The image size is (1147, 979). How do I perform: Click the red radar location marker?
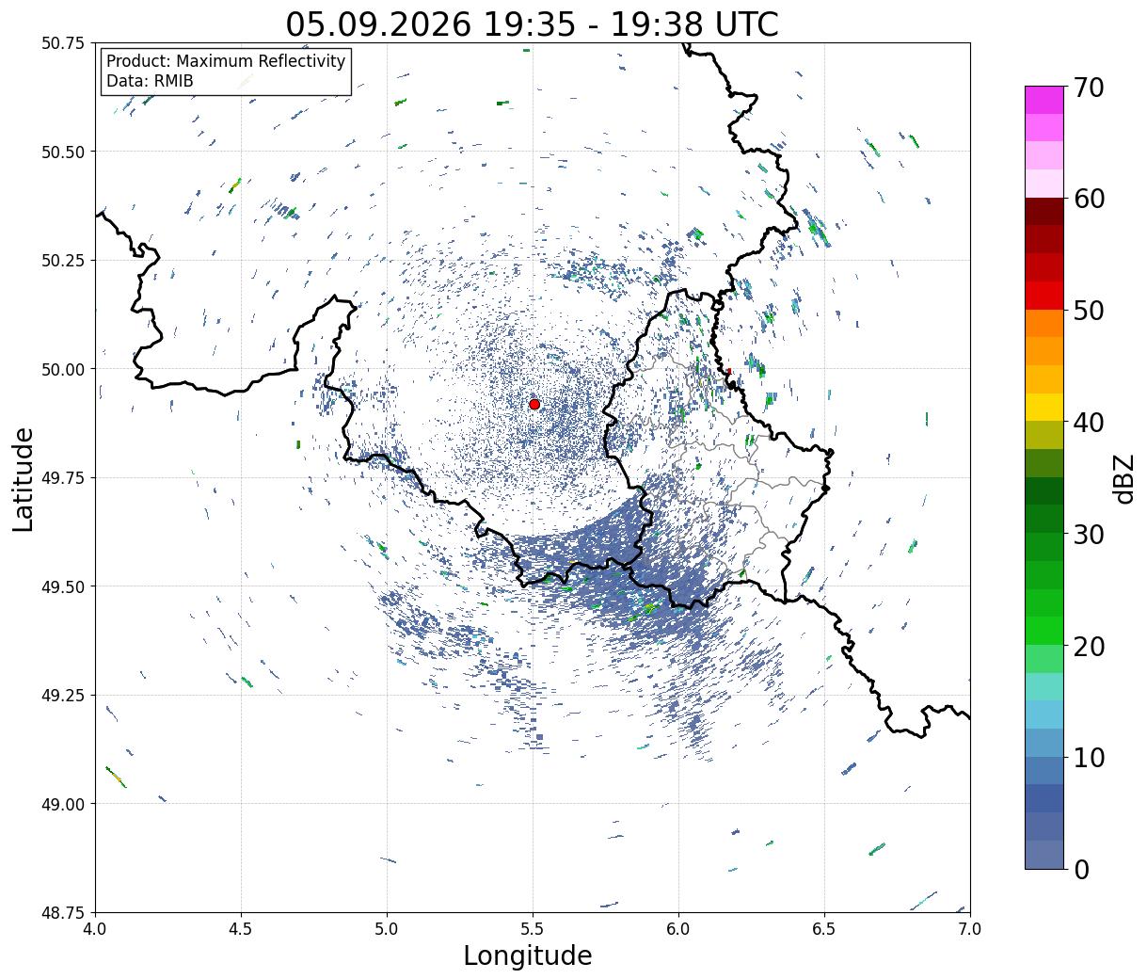(534, 404)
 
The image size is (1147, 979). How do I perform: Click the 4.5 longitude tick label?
(241, 929)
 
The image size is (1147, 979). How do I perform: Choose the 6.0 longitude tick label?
(678, 929)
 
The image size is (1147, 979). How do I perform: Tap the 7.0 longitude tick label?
(970, 929)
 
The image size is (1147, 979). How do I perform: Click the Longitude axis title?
(528, 956)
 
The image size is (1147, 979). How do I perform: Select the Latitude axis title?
(23, 479)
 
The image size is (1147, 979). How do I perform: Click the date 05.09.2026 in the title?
(378, 25)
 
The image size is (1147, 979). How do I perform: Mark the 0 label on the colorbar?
(1081, 870)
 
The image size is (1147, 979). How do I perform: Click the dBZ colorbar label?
(1124, 478)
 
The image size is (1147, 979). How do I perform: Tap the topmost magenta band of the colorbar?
(1044, 100)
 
